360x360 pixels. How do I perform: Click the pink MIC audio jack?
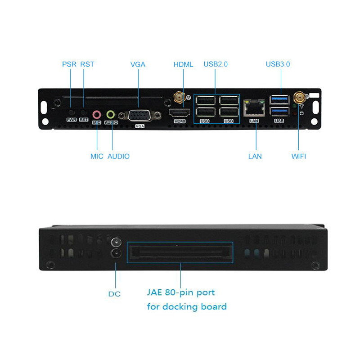click(97, 115)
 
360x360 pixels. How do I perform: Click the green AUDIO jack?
click(111, 114)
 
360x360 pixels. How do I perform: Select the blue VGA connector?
click(140, 115)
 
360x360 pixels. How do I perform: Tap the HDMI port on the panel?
click(179, 112)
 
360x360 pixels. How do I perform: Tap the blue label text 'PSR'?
click(69, 64)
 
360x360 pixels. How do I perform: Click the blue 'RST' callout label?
click(87, 64)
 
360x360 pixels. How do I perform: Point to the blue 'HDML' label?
click(183, 64)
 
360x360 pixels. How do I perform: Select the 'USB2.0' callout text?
click(216, 64)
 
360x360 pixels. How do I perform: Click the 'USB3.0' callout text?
click(278, 64)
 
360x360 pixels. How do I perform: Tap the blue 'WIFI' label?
click(299, 157)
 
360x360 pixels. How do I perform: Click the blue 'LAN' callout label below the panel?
click(255, 157)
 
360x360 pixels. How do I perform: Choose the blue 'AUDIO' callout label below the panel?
click(118, 157)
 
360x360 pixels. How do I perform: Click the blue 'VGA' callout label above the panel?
click(138, 64)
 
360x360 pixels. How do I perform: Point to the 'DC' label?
click(114, 294)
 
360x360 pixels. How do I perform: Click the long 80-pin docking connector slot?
click(180, 252)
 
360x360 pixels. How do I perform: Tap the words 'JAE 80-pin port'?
click(181, 292)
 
